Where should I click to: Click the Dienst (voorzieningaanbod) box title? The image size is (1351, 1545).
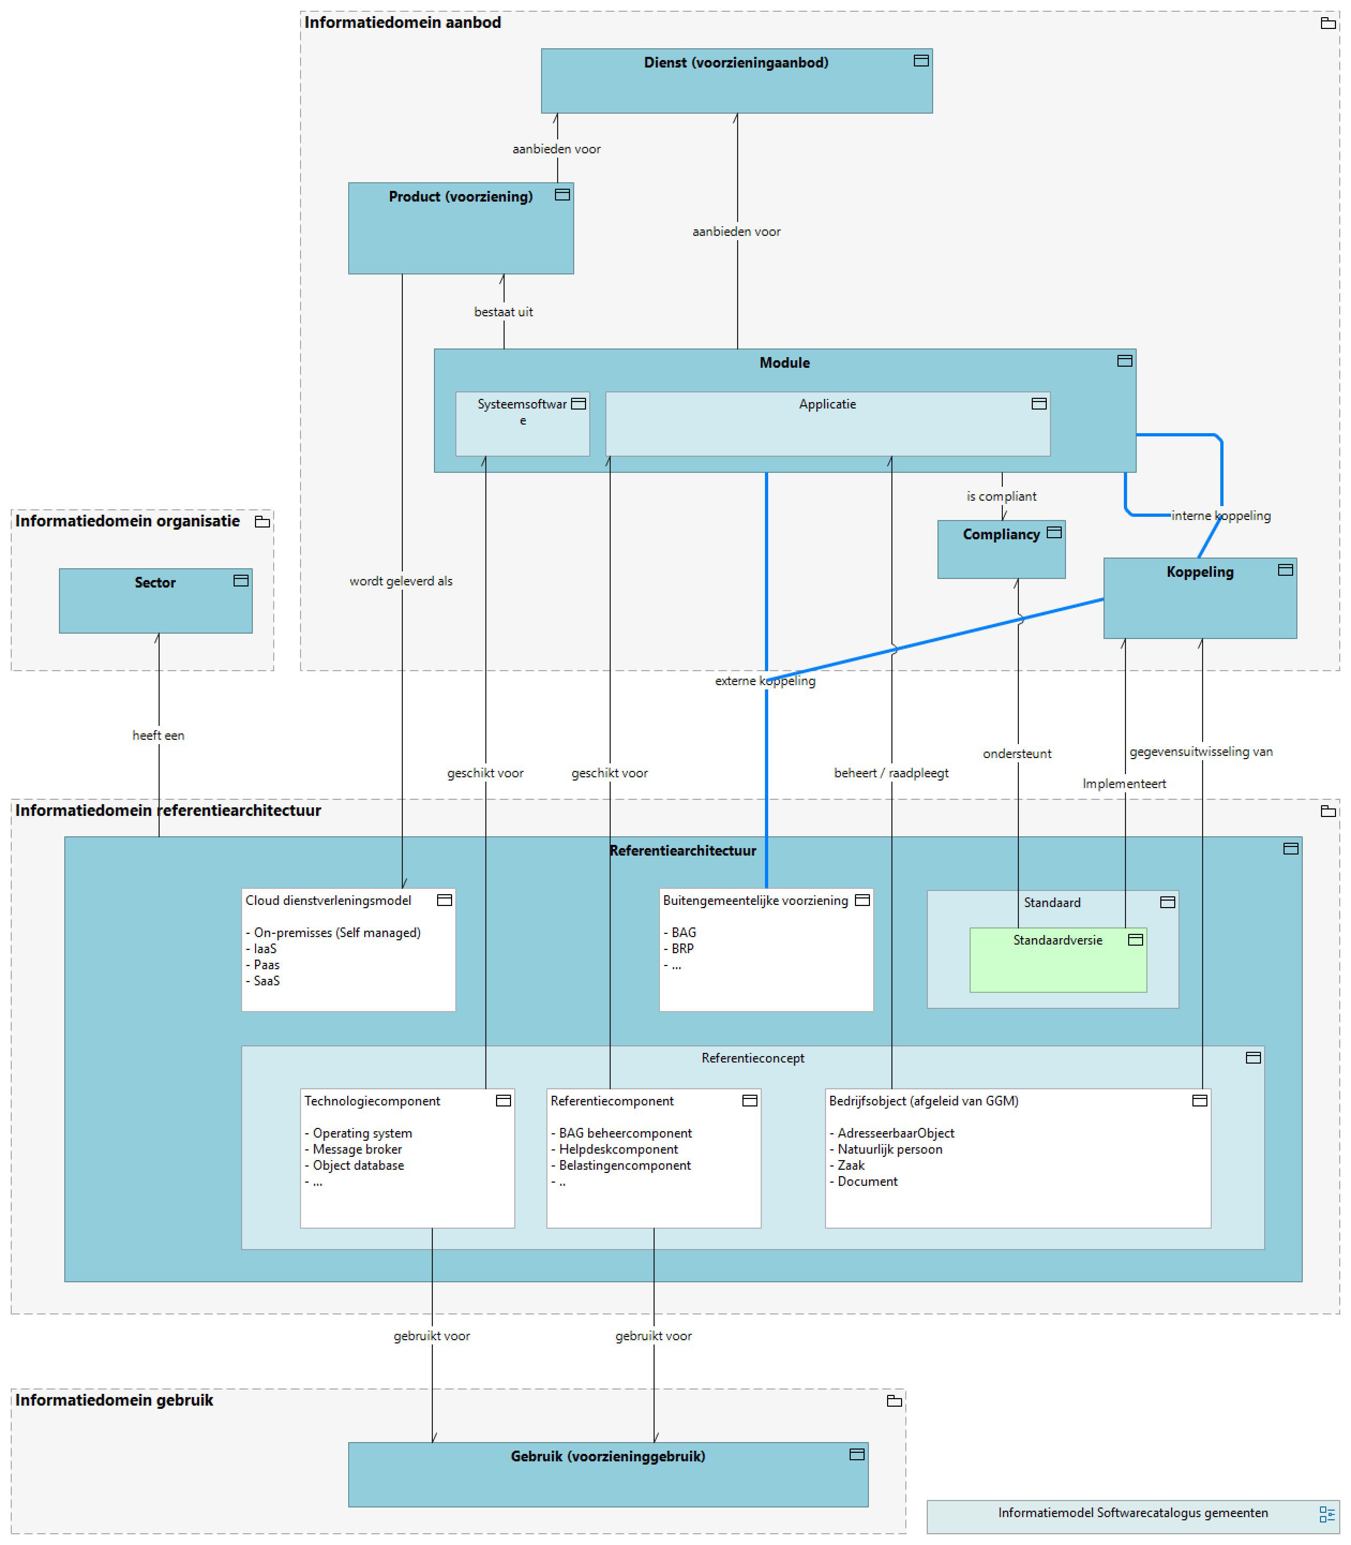[736, 63]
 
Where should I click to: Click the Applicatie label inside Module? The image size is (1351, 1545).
[827, 404]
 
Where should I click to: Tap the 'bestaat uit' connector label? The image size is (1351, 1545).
[503, 311]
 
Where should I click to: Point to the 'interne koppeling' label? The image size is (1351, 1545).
[1221, 515]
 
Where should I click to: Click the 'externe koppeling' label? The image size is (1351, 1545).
[764, 680]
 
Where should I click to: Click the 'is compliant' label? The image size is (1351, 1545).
[1001, 496]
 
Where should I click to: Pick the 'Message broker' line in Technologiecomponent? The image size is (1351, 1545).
[357, 1149]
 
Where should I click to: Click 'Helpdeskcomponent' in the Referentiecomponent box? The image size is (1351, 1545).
[618, 1149]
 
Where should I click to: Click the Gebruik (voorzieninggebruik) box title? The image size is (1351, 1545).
[607, 1456]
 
